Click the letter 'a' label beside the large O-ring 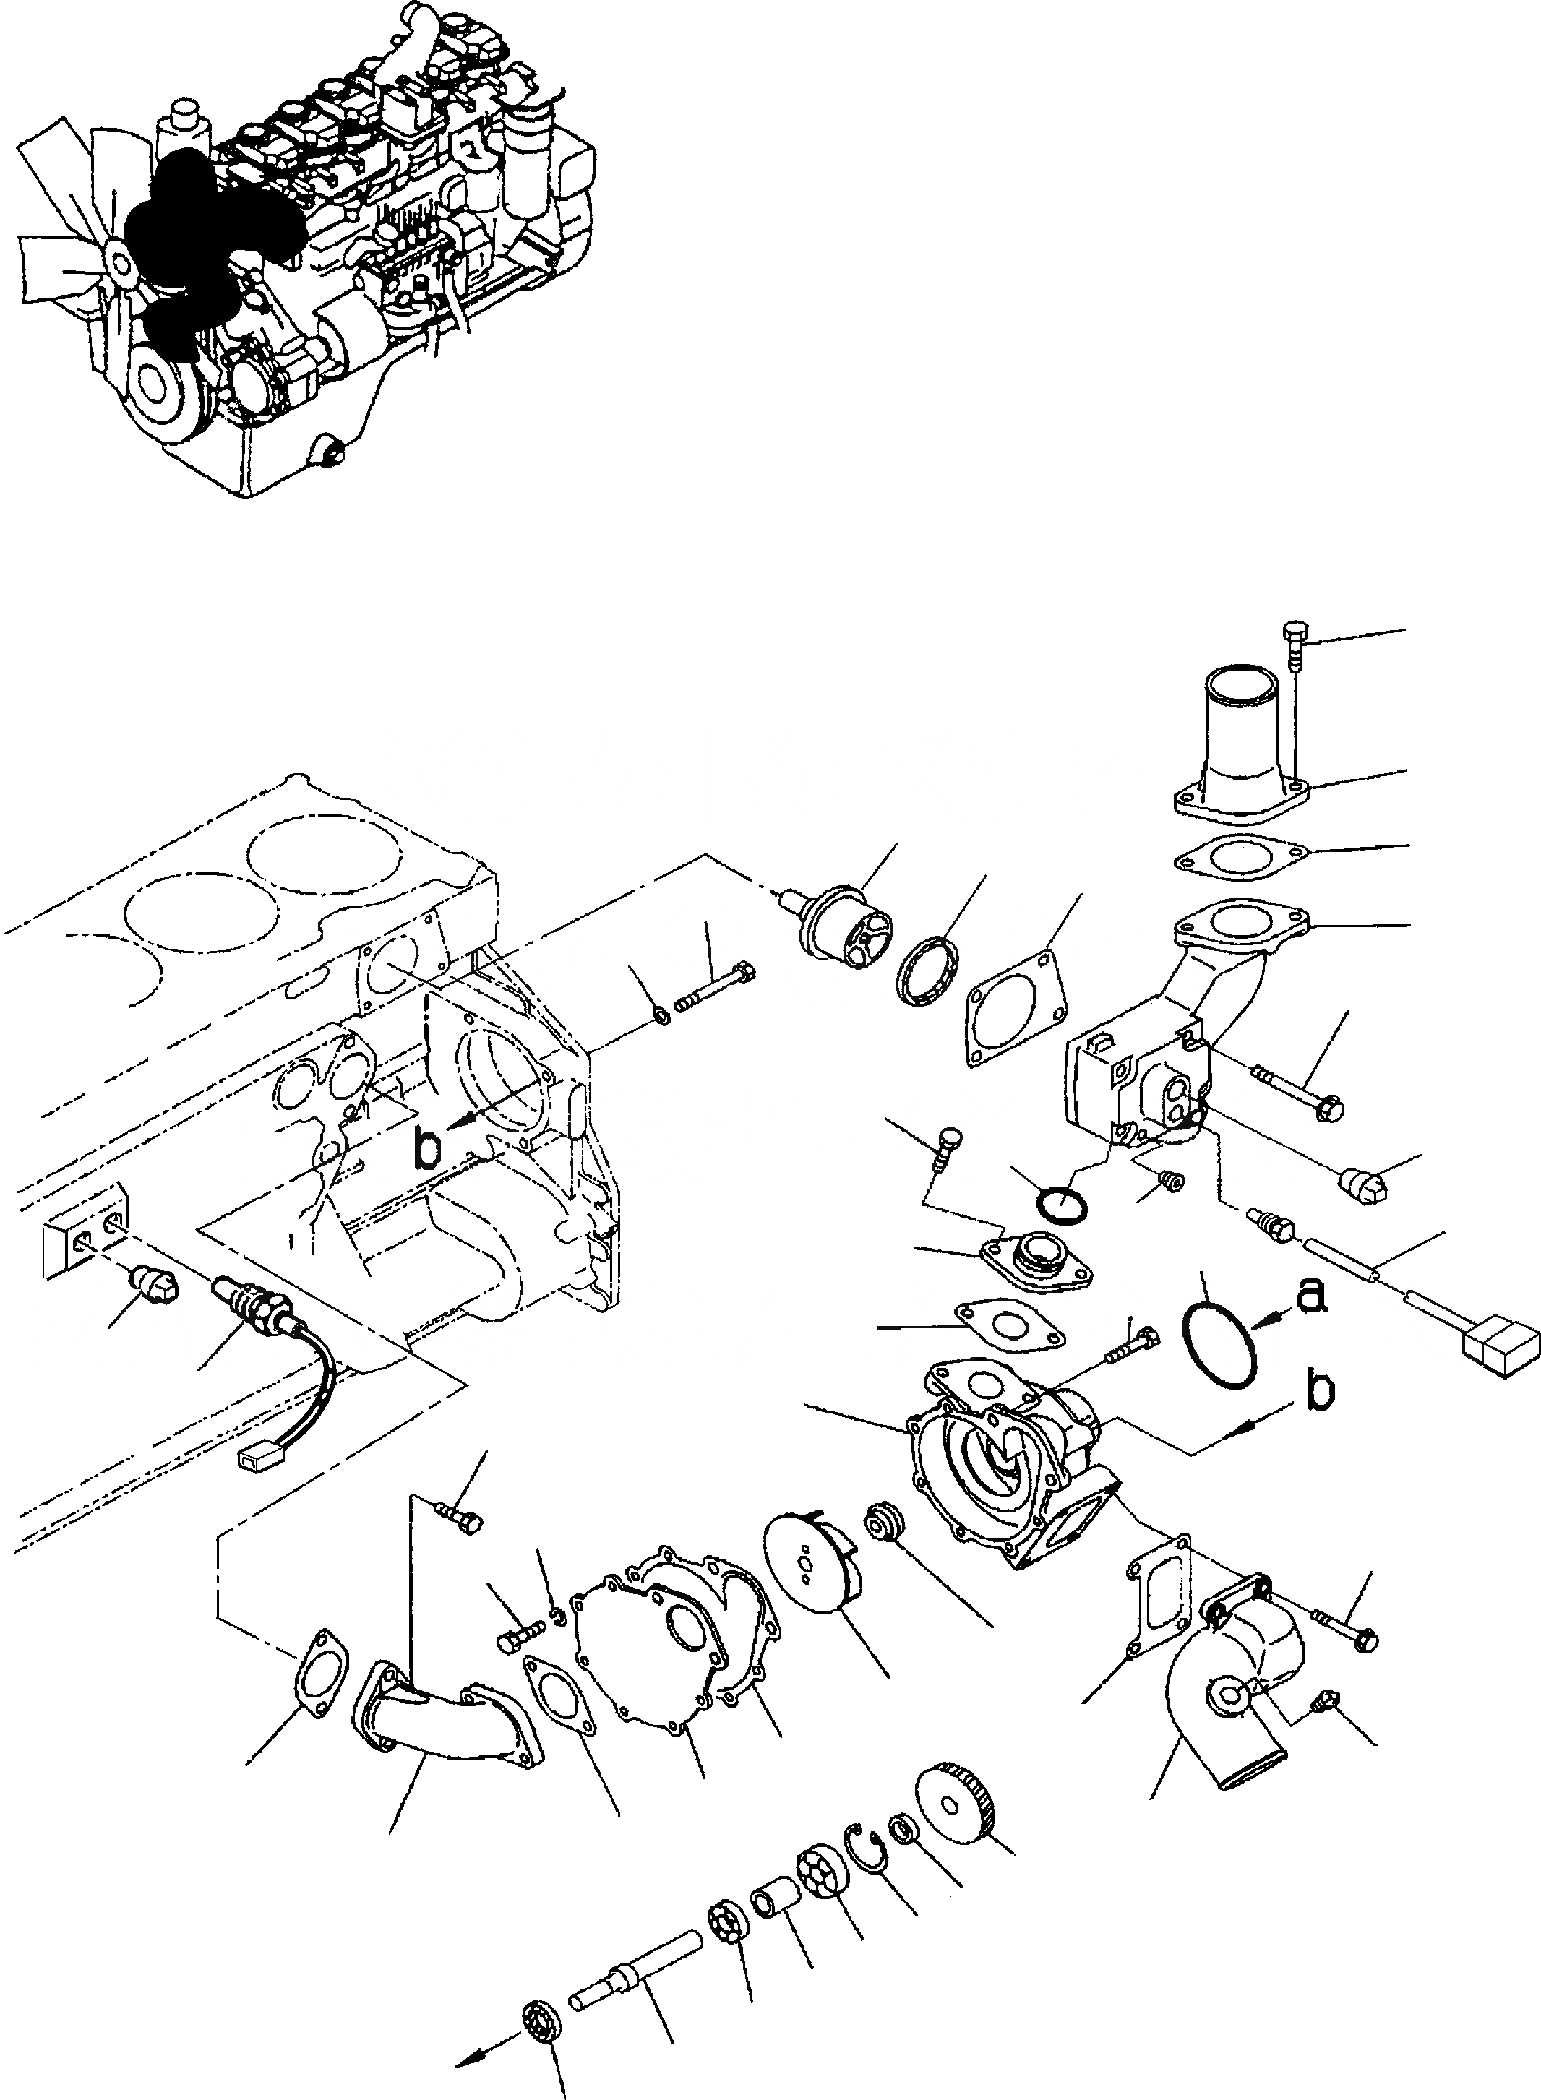pyautogui.click(x=1310, y=1295)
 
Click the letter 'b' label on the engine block pyautogui.click(x=428, y=1150)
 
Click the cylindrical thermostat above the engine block pyautogui.click(x=844, y=924)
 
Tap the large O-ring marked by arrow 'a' pyautogui.click(x=1219, y=1342)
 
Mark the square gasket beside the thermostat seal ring pyautogui.click(x=1016, y=1009)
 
